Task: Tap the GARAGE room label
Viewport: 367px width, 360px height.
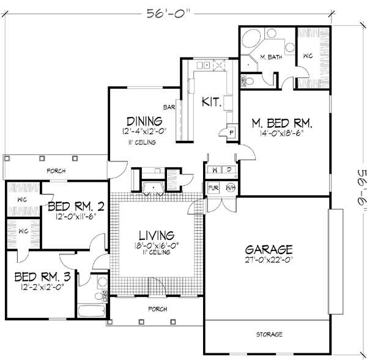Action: (269, 249)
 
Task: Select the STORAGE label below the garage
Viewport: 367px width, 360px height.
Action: (269, 335)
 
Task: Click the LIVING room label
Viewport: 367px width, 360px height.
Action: (155, 234)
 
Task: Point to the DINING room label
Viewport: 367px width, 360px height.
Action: (144, 121)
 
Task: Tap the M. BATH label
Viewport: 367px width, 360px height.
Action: (270, 57)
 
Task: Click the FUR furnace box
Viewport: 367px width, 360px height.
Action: (213, 187)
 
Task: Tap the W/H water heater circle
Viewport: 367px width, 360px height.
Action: (231, 187)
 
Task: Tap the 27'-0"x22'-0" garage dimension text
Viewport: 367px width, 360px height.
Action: (269, 260)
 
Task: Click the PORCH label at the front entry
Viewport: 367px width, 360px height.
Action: (158, 309)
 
